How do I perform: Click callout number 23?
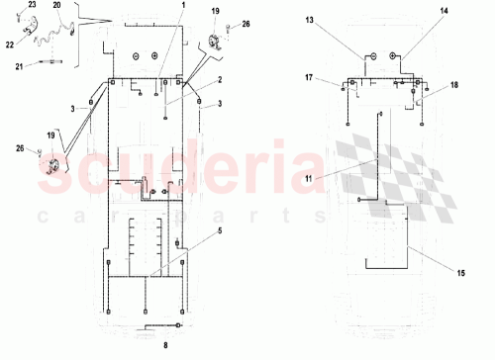click(x=31, y=5)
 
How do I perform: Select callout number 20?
click(x=57, y=5)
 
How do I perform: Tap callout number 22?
click(x=9, y=44)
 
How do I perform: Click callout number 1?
click(x=183, y=6)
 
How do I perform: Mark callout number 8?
click(x=165, y=344)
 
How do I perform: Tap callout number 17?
click(x=309, y=77)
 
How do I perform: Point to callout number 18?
click(x=454, y=86)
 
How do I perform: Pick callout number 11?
click(x=307, y=178)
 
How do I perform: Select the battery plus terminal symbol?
click(x=391, y=56)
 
